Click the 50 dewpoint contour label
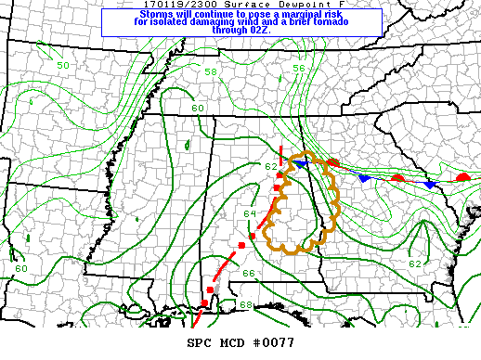point(62,66)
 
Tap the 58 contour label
point(211,72)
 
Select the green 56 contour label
point(299,69)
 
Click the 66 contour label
point(248,273)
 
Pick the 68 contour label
point(245,305)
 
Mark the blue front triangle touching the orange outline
point(301,163)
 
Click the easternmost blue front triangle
point(429,185)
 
